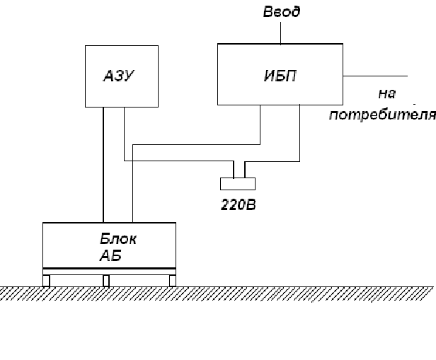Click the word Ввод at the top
[x=281, y=12]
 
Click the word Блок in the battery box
[x=118, y=239]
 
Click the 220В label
[x=237, y=207]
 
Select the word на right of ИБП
[x=386, y=94]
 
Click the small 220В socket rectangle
[x=239, y=184]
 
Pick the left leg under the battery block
[x=47, y=280]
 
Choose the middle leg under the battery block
[x=106, y=280]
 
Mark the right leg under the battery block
[x=172, y=280]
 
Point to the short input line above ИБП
[x=281, y=32]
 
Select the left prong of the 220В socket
[x=234, y=169]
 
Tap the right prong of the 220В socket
[x=245, y=169]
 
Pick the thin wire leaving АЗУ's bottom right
[x=125, y=134]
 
